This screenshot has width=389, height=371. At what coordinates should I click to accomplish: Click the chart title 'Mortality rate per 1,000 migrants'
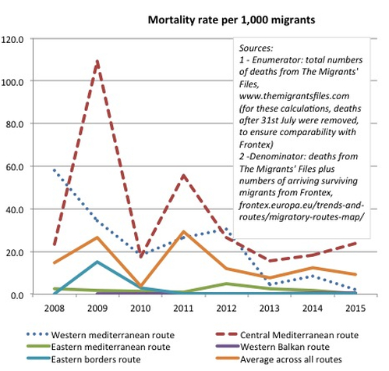point(232,20)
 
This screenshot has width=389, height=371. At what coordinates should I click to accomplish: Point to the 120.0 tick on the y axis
point(12,40)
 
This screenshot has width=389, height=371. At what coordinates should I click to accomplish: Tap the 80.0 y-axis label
point(15,124)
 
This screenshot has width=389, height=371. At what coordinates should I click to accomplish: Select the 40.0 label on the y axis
point(15,209)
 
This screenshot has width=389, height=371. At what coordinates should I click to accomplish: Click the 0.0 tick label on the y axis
point(17,295)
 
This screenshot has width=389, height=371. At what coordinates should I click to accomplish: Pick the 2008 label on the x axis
point(54,309)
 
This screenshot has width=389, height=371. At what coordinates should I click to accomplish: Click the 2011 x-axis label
point(183,309)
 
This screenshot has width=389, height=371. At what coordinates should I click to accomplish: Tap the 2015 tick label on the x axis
point(355,309)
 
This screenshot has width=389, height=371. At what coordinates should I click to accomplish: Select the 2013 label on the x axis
point(269,309)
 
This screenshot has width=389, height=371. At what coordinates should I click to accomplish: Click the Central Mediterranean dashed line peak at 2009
point(97,62)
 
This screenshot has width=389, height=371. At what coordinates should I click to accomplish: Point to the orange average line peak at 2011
point(183,231)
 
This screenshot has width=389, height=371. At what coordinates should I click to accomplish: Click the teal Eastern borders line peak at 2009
point(97,262)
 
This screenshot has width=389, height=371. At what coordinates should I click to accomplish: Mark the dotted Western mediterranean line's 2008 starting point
point(55,170)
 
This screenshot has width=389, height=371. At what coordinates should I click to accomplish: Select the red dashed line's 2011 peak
point(183,176)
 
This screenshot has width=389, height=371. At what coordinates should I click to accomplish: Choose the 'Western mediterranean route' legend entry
point(101,335)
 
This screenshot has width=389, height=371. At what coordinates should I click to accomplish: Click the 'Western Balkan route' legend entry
point(273,347)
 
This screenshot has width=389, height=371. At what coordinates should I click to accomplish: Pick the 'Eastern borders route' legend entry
point(83,359)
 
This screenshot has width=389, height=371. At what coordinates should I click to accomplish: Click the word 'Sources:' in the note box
point(256,48)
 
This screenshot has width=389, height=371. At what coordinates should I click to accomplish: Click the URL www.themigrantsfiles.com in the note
point(294,96)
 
